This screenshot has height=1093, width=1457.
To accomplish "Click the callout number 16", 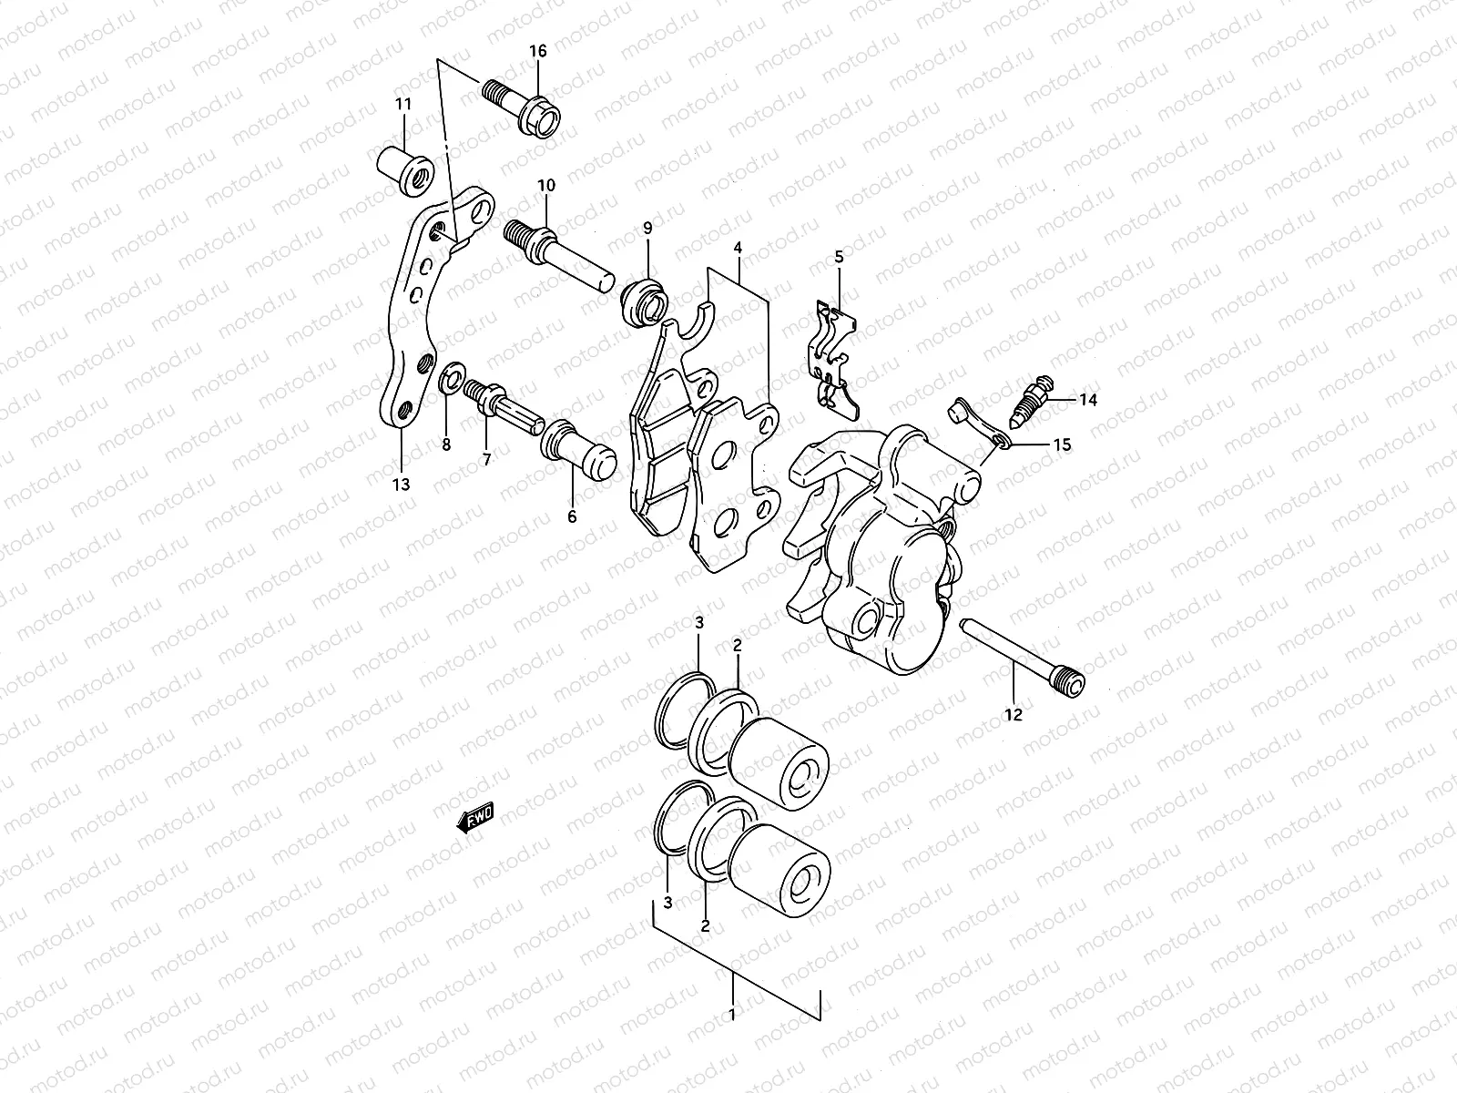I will (538, 51).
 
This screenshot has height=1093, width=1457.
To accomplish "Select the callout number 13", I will (401, 484).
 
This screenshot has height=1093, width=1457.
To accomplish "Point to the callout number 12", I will (1014, 715).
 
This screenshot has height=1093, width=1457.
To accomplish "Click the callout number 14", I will (1089, 400).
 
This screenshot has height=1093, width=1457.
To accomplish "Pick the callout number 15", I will (1062, 445).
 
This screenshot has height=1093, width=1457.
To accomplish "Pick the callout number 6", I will (572, 516).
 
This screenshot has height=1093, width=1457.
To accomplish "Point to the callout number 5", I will (839, 258).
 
